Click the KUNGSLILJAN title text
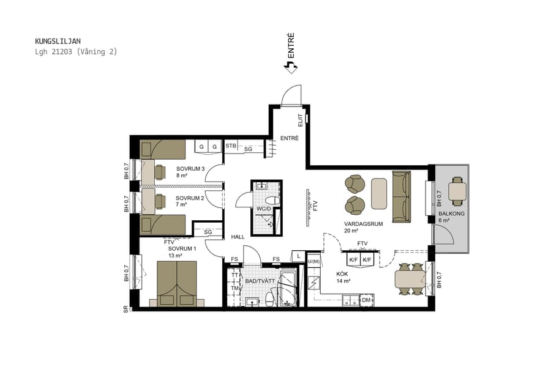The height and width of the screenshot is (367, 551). point(58,41)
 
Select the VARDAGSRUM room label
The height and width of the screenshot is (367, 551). point(363,224)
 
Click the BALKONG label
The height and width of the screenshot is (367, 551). point(451,213)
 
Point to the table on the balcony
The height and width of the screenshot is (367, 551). point(457,191)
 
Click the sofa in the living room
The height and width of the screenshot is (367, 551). point(402,196)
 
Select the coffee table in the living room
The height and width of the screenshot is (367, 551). point(379,194)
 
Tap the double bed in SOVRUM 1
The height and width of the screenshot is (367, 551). point(177,283)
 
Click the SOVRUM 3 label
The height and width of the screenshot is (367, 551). point(190,169)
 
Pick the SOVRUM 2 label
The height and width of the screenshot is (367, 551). point(189,198)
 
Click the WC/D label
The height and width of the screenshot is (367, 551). point(264,209)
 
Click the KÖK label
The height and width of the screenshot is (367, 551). point(342,274)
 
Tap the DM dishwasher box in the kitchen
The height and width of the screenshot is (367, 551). point(366,300)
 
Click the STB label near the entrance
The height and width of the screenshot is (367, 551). point(231,146)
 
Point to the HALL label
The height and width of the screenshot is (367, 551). point(238,237)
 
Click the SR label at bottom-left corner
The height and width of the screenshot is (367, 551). point(126,309)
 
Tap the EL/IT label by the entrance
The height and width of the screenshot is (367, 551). point(300,120)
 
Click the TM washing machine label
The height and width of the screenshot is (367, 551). point(234,288)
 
